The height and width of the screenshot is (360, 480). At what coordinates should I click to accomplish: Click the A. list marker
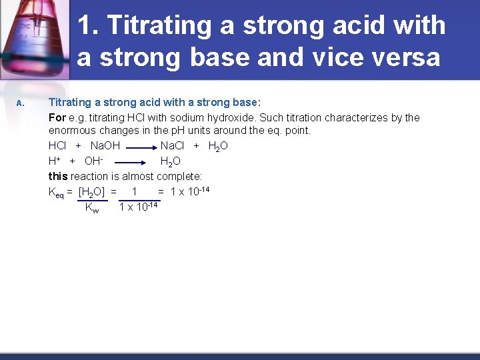pyautogui.click(x=21, y=103)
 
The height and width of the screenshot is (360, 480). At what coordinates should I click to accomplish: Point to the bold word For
pyautogui.click(x=57, y=118)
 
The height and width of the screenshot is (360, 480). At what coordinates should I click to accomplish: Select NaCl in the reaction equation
pyautogui.click(x=173, y=146)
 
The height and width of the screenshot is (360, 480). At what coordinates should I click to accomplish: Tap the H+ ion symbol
pyautogui.click(x=55, y=161)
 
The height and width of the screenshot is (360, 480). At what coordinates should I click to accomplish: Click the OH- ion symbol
pyautogui.click(x=93, y=161)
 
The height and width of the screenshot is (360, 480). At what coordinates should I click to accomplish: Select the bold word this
pyautogui.click(x=58, y=177)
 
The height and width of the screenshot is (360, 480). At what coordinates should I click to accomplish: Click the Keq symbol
pyautogui.click(x=56, y=193)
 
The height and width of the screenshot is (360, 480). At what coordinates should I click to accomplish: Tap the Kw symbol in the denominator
pyautogui.click(x=92, y=208)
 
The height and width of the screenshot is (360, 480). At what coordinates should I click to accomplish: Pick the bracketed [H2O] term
pyautogui.click(x=93, y=193)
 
